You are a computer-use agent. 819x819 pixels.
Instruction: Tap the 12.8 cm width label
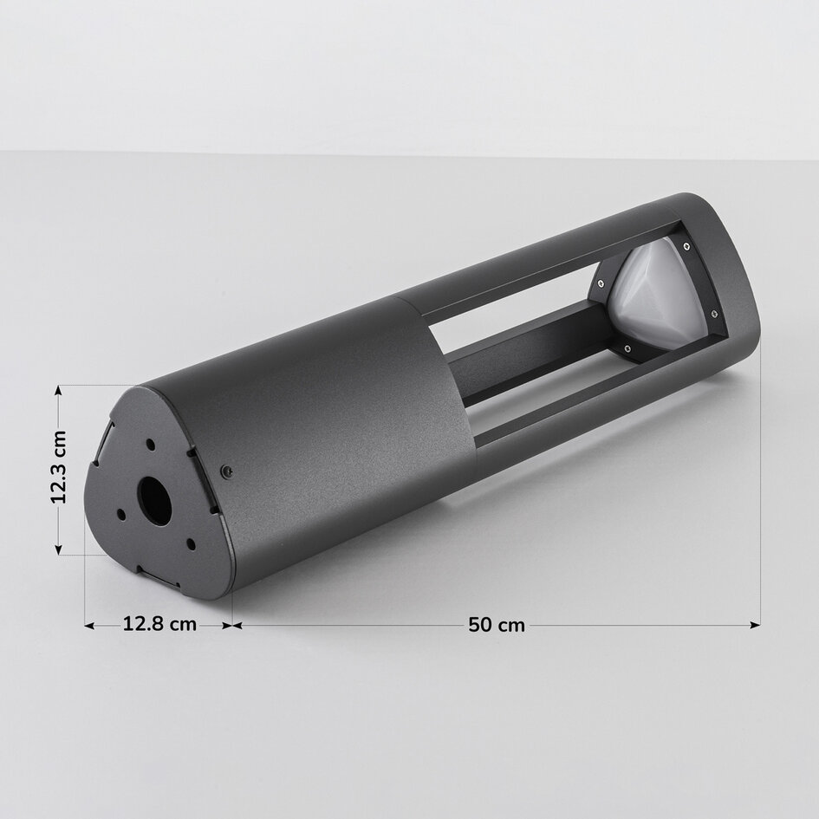click(159, 624)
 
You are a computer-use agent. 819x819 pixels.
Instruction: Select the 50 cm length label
click(497, 624)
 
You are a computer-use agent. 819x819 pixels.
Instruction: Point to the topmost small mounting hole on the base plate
click(150, 444)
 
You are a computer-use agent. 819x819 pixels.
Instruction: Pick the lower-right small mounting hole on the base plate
click(189, 544)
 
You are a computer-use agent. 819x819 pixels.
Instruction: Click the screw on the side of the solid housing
click(227, 471)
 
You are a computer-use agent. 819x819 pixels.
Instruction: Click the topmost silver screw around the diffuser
click(686, 247)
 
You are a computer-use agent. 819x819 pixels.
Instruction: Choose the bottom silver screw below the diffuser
click(626, 348)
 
